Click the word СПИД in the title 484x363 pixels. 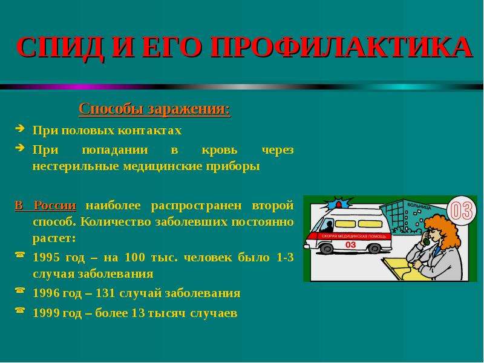[59, 47]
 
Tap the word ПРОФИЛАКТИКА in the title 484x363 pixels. [341, 47]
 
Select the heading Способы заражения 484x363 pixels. [155, 110]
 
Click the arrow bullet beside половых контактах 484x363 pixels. [20, 128]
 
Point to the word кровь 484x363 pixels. [220, 149]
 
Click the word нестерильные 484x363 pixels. [75, 166]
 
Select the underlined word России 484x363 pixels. [55, 205]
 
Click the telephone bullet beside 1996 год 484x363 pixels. [20, 290]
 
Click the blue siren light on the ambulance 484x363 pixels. [339, 204]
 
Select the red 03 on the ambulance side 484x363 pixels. [350, 245]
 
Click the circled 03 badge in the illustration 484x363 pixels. [461, 210]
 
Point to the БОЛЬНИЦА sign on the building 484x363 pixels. [419, 206]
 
